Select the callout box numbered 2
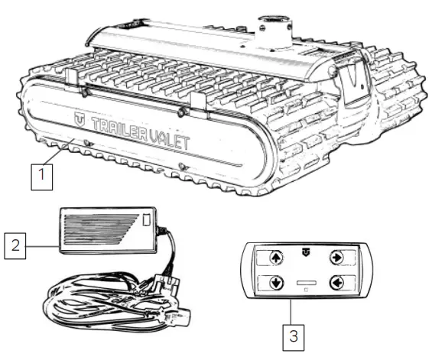click(15, 246)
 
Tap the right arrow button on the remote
click(335, 258)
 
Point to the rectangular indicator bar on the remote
click(304, 284)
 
